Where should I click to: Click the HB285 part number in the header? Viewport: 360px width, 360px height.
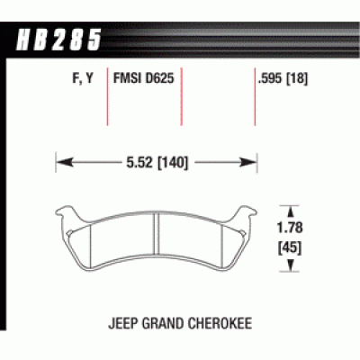point(58,40)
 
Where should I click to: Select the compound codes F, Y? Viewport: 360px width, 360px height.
point(83,78)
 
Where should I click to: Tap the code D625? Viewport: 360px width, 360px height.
point(159,78)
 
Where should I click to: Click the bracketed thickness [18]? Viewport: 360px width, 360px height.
point(297,78)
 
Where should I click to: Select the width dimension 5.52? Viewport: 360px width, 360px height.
point(139,162)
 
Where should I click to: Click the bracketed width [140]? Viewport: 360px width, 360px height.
point(173,163)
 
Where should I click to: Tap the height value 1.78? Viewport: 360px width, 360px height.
point(290,228)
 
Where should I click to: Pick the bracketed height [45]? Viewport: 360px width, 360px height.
point(290,248)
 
